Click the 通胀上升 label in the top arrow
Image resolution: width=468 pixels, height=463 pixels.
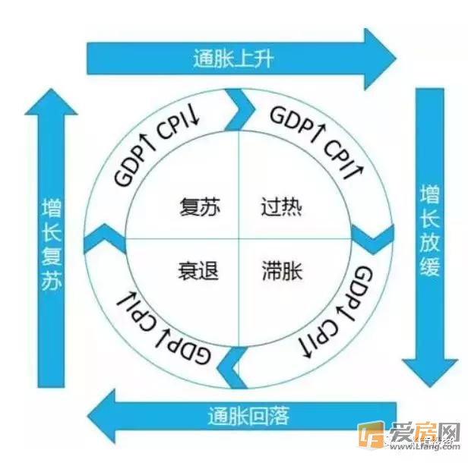(x=233, y=58)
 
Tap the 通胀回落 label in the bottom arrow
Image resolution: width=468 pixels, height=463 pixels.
(x=248, y=416)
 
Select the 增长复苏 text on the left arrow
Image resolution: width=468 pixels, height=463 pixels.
(x=52, y=244)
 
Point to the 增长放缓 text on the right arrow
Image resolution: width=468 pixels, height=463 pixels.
(x=430, y=231)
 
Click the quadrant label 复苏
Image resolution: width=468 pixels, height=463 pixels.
(x=200, y=206)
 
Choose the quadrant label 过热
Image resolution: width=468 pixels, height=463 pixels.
(x=281, y=206)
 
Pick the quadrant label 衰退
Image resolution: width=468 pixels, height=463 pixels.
(x=198, y=270)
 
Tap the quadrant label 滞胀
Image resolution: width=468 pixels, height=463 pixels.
(x=282, y=270)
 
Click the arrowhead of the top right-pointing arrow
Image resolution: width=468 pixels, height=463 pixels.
(x=380, y=59)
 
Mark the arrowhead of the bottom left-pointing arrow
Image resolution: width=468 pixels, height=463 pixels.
(x=102, y=416)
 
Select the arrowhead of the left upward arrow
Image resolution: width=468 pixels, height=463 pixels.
(x=51, y=102)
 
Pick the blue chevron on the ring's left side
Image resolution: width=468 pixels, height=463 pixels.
(x=105, y=239)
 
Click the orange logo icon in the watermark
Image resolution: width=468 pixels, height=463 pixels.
(x=371, y=435)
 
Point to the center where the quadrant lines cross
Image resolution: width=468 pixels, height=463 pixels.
(x=239, y=238)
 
